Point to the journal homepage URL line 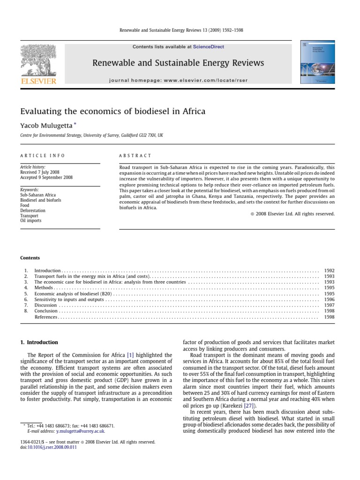point(178,80)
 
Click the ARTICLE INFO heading point(43,156)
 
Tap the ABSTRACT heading point(135,156)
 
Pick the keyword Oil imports point(31,220)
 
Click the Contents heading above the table point(30,258)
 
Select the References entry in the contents point(46,317)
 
